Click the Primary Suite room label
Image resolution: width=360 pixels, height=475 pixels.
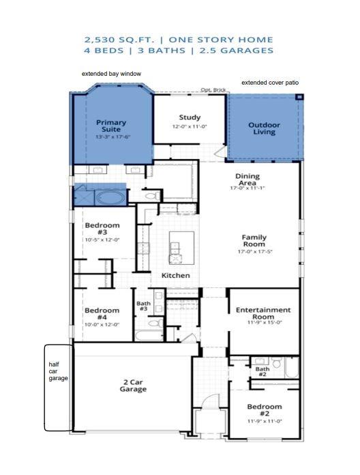111,126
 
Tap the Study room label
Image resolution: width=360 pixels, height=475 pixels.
190,117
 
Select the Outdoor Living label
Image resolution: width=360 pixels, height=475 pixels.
264,128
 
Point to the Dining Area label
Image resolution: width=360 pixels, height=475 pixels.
247,179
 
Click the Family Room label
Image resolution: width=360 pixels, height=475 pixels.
254,240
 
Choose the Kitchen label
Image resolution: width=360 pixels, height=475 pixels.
175,275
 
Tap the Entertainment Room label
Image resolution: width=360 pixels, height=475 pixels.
263,313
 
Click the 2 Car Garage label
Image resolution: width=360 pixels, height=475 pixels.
133,386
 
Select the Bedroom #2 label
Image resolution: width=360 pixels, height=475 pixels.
265,410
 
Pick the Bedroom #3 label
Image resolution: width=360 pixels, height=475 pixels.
102,229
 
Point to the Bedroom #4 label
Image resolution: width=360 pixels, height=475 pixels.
102,314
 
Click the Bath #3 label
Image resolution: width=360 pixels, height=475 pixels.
143,306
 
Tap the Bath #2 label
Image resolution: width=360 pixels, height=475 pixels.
262,371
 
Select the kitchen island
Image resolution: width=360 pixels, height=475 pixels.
181,248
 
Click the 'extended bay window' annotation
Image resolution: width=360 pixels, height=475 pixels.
111,74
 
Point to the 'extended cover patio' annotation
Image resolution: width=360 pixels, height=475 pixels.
270,83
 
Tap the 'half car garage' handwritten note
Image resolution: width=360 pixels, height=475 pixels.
58,371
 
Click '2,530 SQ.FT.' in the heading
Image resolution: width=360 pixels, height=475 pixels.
120,40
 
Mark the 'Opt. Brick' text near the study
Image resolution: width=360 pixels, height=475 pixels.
213,90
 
